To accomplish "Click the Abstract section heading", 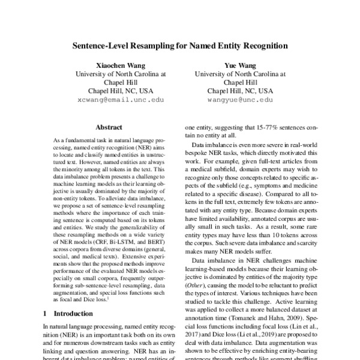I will point(109,128).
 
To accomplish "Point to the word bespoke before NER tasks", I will point(199,155).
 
